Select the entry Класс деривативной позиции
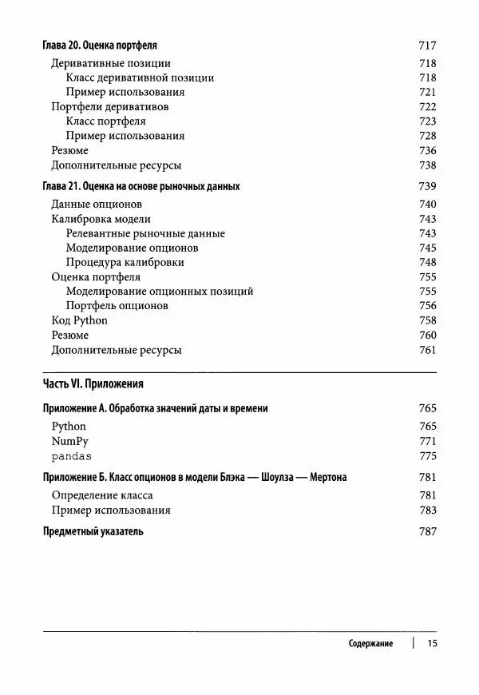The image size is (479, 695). [x=141, y=78]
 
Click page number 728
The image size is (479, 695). [x=427, y=136]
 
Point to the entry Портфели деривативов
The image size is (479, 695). [x=109, y=107]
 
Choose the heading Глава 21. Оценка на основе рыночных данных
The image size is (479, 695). [x=140, y=186]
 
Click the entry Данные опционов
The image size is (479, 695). [x=97, y=205]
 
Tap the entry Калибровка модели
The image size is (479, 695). [x=101, y=219]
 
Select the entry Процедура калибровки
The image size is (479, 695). [x=125, y=262]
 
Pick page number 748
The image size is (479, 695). [x=427, y=262]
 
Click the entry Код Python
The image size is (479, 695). [x=79, y=320]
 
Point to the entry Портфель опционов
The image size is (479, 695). [x=117, y=306]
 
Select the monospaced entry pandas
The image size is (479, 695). [x=71, y=456]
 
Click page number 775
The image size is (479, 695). [x=427, y=456]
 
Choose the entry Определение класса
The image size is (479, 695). [x=102, y=496]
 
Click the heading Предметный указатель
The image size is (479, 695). [x=93, y=531]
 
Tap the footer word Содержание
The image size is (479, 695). [x=370, y=644]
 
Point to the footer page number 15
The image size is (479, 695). [x=433, y=644]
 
